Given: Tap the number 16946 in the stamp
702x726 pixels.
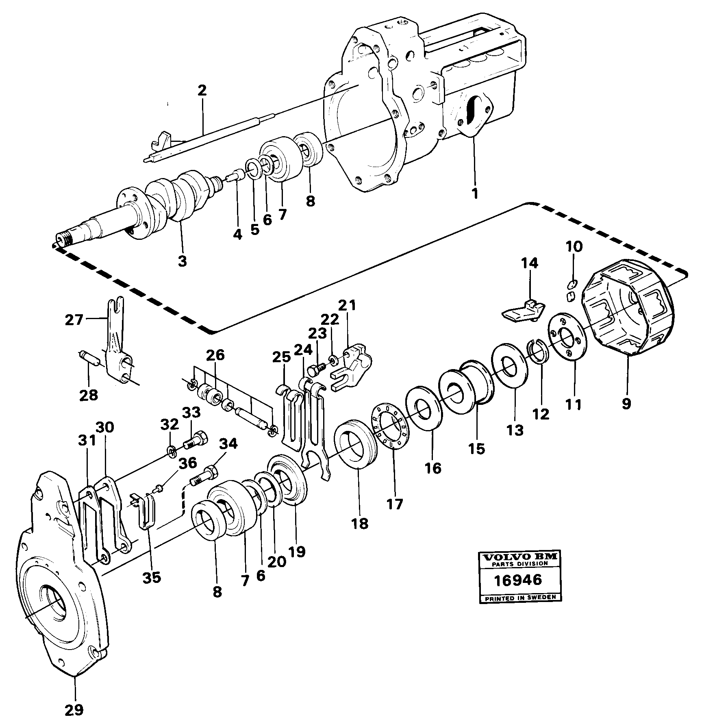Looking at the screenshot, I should [x=518, y=579].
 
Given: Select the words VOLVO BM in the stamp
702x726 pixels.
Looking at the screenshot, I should [x=518, y=556].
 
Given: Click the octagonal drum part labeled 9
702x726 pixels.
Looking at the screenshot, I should [x=628, y=309].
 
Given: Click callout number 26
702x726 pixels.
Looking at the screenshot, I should [x=215, y=355].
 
